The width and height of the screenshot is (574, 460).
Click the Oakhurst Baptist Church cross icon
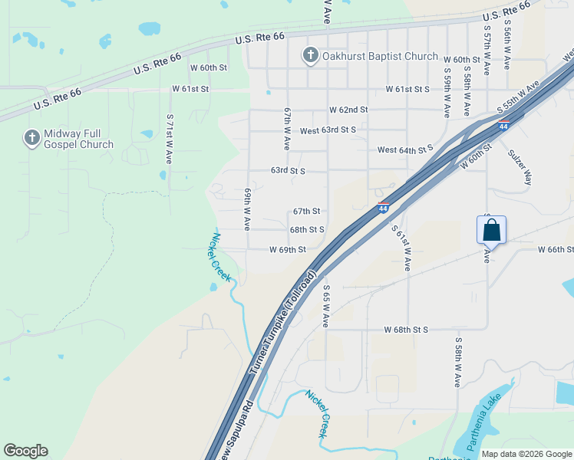[310, 54]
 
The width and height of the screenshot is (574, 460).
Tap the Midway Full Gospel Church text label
[78, 139]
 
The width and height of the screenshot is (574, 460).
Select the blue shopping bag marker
[491, 229]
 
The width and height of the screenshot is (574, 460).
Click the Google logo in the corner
[25, 451]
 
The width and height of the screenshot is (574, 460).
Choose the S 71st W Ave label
[170, 140]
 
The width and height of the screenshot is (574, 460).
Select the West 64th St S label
[405, 148]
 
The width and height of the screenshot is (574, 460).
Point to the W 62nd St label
[348, 110]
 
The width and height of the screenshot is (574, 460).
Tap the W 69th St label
[288, 250]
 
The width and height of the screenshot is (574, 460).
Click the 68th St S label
[307, 229]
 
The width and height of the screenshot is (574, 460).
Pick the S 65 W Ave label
[325, 307]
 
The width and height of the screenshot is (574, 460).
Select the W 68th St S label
[406, 330]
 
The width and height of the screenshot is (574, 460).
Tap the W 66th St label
[556, 250]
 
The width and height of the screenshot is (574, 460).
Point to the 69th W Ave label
[248, 209]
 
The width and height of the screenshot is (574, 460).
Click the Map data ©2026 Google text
[526, 453]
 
